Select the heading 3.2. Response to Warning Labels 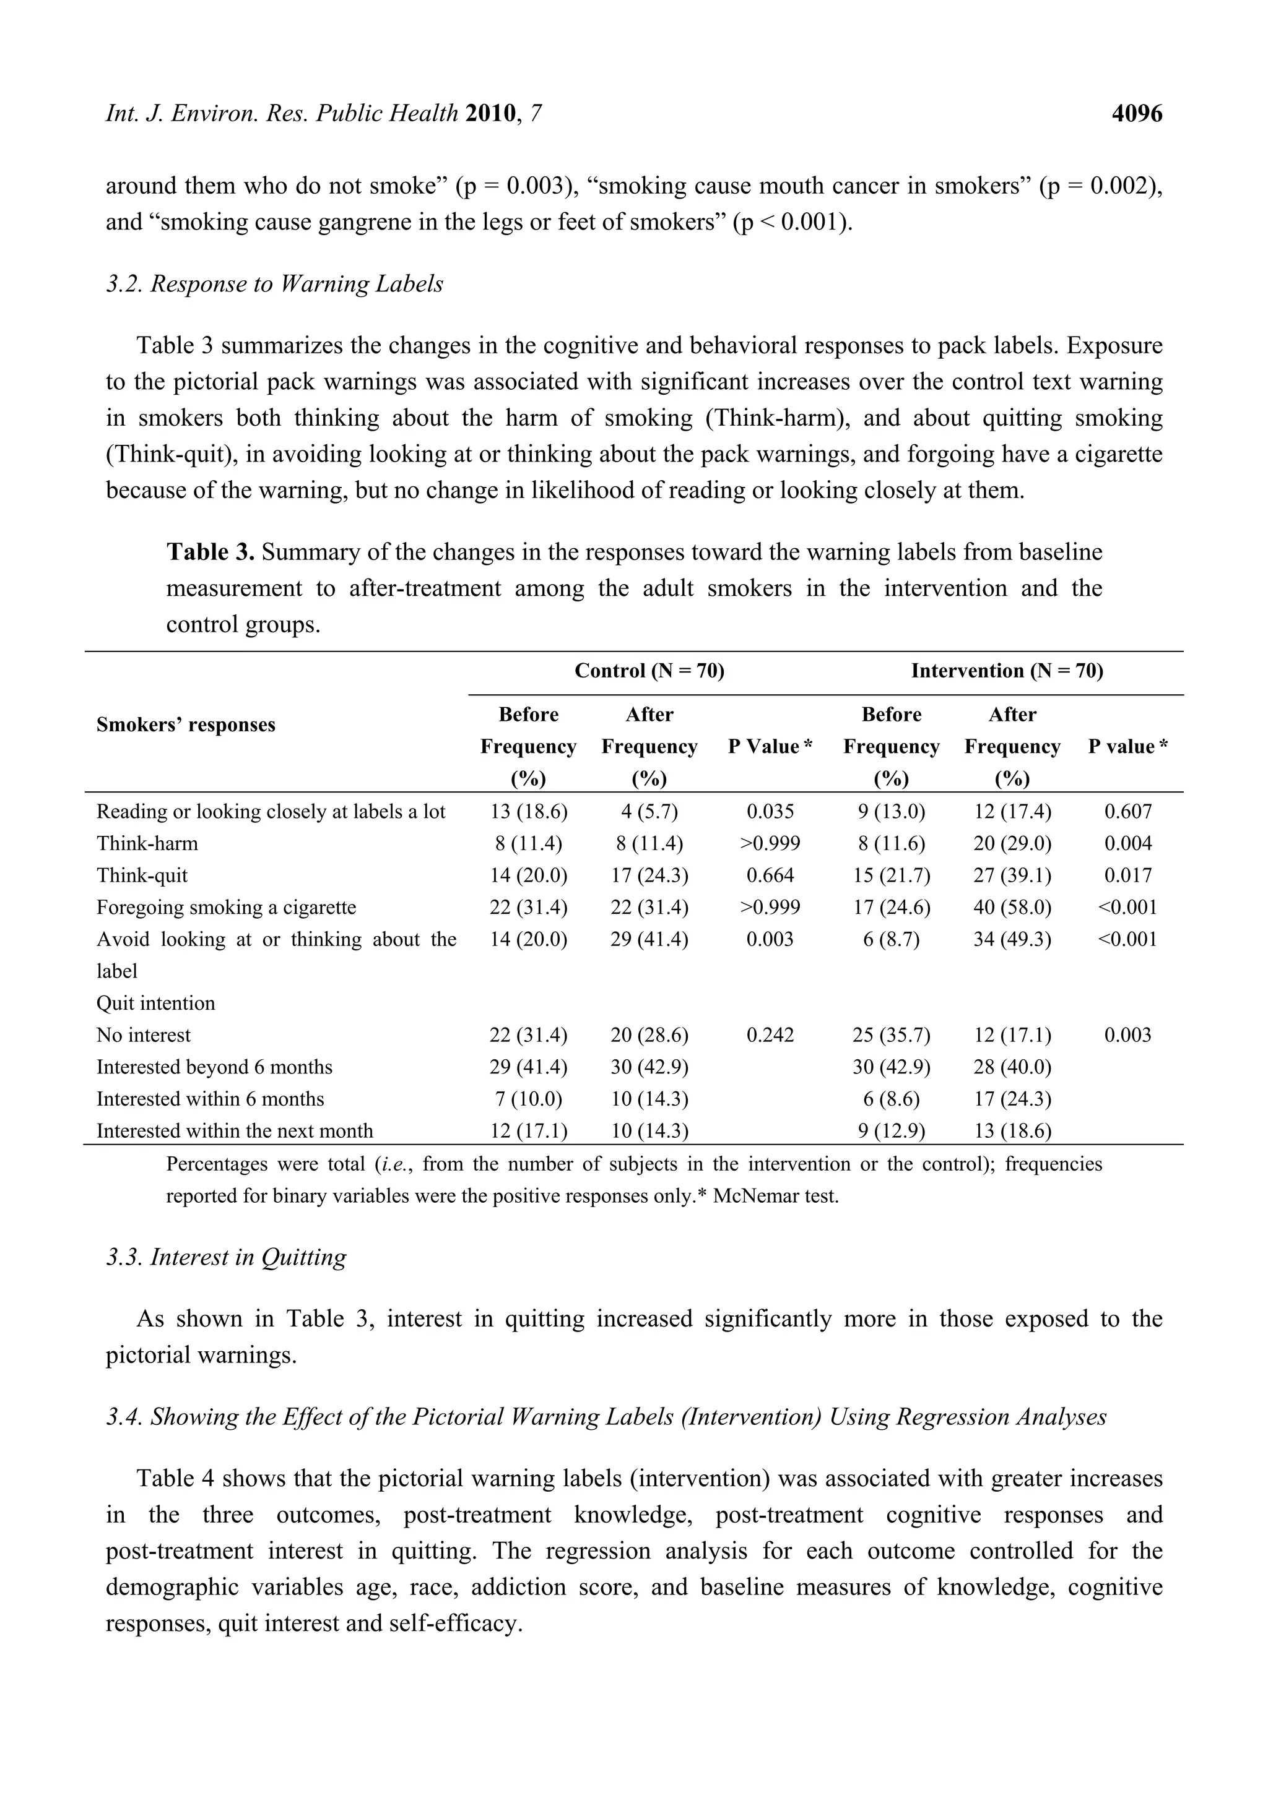click(274, 283)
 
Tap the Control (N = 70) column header click(649, 671)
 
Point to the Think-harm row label click(147, 843)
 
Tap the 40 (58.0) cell click(1012, 908)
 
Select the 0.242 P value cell click(770, 1036)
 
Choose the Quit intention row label click(155, 1004)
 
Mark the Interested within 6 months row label click(209, 1099)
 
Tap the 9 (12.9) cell click(891, 1132)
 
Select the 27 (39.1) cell click(1012, 875)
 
